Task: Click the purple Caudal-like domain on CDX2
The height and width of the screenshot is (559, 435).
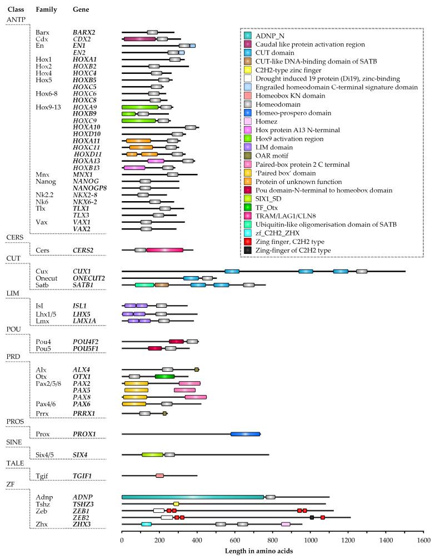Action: coord(139,39)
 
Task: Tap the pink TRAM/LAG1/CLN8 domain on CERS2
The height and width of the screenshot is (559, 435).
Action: coord(164,250)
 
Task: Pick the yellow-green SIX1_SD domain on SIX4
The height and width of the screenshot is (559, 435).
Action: coord(152,455)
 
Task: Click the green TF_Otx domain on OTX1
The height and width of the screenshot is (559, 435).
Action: coord(164,377)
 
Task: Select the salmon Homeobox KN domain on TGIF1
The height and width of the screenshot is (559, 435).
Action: coord(159,476)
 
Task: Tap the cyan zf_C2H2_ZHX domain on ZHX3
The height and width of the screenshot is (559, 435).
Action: coord(146,524)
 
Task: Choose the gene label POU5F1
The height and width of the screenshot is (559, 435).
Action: coord(86,348)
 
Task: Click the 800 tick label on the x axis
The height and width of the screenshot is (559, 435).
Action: coord(272,540)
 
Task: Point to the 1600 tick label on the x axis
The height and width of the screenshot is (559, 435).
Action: coord(423,540)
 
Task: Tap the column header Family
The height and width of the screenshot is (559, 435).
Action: coord(45,10)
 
